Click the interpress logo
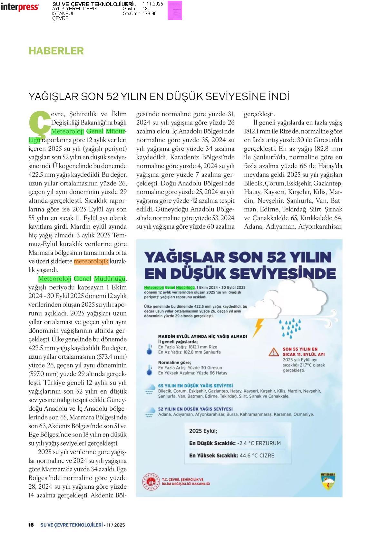coord(20,7)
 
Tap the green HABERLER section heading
coord(56,51)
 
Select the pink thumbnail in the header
coord(175,10)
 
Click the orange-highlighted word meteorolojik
coord(91,261)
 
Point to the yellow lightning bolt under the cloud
coord(258,327)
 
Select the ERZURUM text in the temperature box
coord(268,443)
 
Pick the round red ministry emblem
coord(151,482)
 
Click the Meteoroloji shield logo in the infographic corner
coord(328,482)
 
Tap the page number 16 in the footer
coord(31,525)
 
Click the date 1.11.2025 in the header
coord(153,4)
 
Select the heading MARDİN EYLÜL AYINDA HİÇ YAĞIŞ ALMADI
coord(202,336)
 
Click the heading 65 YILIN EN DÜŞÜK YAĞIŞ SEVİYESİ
coord(195,386)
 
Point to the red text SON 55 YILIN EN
coord(300,349)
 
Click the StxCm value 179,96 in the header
coord(150,14)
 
